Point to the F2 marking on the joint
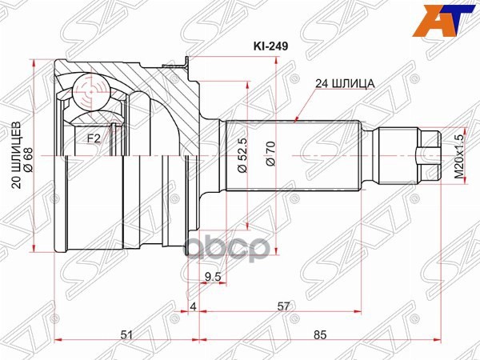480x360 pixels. coord(94,138)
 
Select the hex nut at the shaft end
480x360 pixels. coord(429,154)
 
